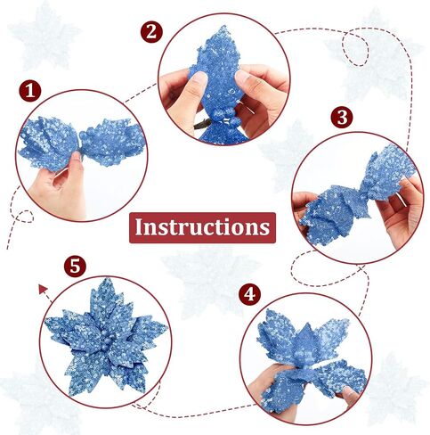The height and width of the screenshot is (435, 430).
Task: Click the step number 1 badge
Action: pos(30,91)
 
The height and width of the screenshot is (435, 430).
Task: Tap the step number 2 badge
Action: pos(151,32)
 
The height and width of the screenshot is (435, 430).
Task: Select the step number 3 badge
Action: pos(342,118)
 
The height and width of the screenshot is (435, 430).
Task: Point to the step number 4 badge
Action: pos(249,294)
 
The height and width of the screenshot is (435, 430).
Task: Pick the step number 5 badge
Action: pos(75,266)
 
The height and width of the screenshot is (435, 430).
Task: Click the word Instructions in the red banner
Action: pos(202,227)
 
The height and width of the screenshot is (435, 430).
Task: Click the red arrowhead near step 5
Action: pos(43,289)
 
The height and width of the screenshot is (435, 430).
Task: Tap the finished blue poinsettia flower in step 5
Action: pos(106,337)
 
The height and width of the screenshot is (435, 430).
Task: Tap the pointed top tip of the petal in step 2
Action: pos(222,27)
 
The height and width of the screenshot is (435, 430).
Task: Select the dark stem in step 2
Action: pos(202,124)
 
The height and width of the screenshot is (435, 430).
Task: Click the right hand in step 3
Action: pos(401,208)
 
